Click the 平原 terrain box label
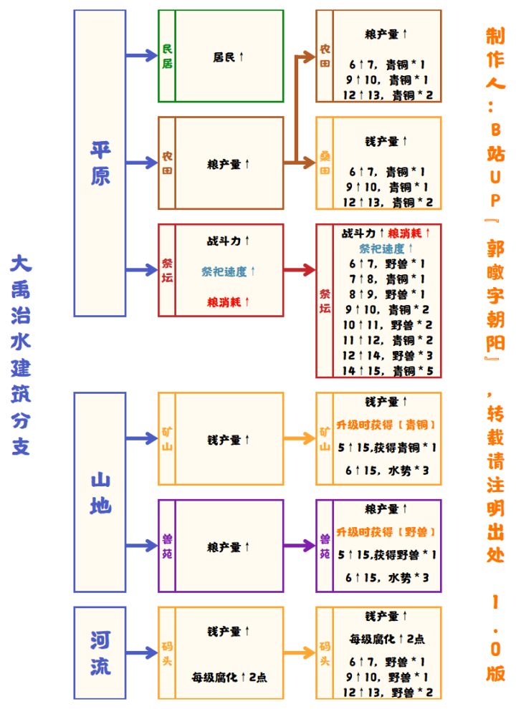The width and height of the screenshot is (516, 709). [100, 163]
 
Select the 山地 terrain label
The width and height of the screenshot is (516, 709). [100, 492]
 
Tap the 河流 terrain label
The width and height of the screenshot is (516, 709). [100, 652]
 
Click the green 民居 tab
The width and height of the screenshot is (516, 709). [167, 56]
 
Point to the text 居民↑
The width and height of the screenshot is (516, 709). [229, 56]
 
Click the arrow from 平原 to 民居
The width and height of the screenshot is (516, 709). [141, 56]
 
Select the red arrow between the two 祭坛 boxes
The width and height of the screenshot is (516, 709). [300, 270]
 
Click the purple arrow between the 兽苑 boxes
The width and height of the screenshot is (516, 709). [300, 546]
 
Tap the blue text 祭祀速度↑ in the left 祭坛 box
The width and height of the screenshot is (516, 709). [229, 271]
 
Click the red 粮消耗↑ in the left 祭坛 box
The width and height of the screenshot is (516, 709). [229, 302]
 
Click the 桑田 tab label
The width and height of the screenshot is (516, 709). [325, 163]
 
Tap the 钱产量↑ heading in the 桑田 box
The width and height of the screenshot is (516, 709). [387, 141]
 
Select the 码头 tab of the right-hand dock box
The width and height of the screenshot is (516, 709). [325, 652]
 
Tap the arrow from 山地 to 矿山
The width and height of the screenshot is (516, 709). [141, 438]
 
